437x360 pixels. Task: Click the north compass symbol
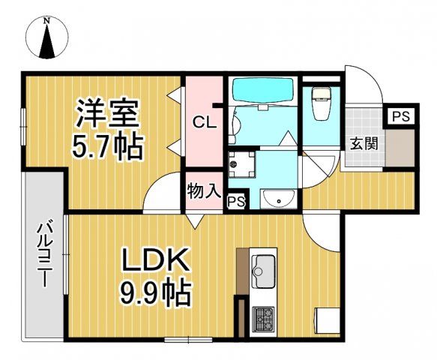click(x=47, y=38)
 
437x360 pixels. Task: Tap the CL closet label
click(x=203, y=121)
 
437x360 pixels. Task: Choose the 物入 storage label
click(x=203, y=190)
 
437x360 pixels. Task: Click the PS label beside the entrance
click(x=400, y=116)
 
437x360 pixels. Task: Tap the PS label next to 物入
click(x=236, y=201)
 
